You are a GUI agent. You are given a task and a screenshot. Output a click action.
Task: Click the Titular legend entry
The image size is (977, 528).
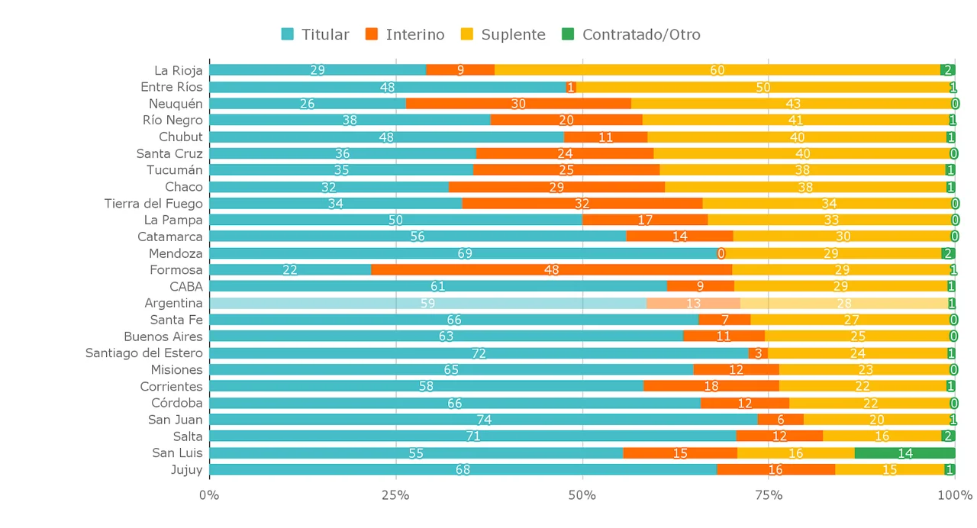[x=315, y=34]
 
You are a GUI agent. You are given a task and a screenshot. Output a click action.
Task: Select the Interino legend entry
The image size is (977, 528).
[x=405, y=34]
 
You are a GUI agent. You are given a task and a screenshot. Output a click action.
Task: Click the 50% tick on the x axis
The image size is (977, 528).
[x=582, y=496]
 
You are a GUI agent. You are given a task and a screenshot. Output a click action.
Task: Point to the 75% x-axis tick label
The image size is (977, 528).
[x=769, y=496]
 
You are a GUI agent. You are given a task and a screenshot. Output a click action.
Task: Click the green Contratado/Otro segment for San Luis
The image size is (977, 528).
[x=904, y=453]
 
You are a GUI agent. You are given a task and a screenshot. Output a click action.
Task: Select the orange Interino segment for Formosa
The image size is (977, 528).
[x=551, y=270]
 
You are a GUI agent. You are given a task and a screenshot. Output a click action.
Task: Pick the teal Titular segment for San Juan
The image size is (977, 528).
[x=483, y=420]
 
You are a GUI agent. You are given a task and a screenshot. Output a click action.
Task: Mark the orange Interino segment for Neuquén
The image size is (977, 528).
[x=518, y=104]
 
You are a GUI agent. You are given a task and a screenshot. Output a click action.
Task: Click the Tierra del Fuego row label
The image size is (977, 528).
[x=153, y=204]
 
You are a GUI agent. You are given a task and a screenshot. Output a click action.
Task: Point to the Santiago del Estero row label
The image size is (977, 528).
[x=144, y=353]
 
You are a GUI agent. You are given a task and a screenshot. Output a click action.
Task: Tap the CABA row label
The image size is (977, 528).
[x=186, y=287]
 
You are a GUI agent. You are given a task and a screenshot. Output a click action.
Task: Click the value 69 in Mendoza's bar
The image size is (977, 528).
[x=465, y=253]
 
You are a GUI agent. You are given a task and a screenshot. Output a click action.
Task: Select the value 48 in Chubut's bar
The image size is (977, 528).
[x=387, y=137]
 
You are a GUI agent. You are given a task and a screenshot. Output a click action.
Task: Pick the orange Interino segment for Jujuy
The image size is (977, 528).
[x=775, y=470]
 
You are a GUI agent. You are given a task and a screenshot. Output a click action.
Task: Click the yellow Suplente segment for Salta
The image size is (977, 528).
[x=882, y=436]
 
